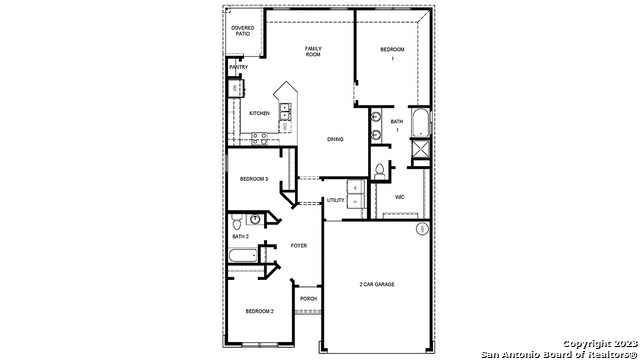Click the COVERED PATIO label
pos(242,31)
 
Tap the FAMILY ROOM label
pos(313,51)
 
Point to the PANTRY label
pos(237,68)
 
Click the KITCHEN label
pos(259,113)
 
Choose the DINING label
pos(335,139)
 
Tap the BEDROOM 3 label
pos(253,179)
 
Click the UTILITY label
pos(335,200)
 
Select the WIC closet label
pos(399,197)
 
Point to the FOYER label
pos(298,245)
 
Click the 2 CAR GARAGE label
pos(377,285)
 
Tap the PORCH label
pos(308,298)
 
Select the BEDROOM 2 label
pos(259,312)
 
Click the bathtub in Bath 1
pos(420,123)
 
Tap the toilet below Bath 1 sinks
pos(380,171)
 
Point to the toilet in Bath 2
pos(236,220)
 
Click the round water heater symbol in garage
pos(421,229)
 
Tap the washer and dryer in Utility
pos(355,188)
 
